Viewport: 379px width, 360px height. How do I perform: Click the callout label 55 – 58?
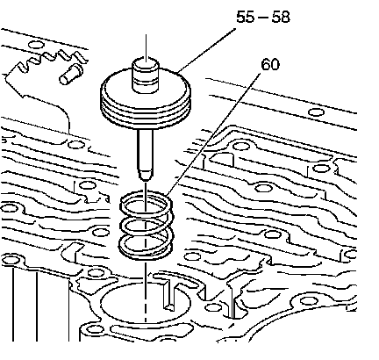coord(263,17)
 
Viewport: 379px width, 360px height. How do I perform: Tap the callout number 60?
coord(270,64)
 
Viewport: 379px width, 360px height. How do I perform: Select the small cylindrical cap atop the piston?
coord(146,76)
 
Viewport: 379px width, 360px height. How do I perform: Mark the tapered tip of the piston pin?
coord(146,175)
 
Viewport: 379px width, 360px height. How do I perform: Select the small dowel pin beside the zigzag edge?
coord(71,75)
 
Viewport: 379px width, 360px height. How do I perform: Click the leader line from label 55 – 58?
coord(207,50)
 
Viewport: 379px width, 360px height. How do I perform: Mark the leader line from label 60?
coord(213,134)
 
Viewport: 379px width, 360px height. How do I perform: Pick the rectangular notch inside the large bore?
coord(170,294)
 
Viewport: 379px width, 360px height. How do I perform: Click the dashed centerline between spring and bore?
coord(146,292)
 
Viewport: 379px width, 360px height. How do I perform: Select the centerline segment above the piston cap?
coord(146,47)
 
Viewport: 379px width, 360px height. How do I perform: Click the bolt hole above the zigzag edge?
coord(36,45)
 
